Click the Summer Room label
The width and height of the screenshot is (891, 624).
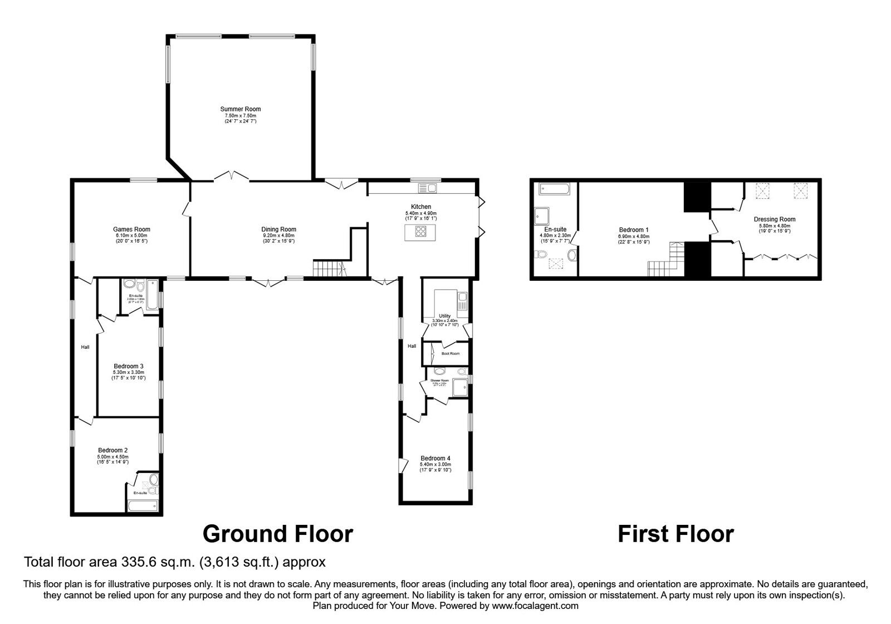click(240, 109)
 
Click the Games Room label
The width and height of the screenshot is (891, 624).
click(131, 229)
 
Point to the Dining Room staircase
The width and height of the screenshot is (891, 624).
click(329, 269)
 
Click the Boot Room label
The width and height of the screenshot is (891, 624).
click(451, 353)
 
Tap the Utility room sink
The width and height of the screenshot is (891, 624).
click(462, 301)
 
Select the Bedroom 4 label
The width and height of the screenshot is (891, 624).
click(435, 459)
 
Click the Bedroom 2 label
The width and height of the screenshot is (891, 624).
click(113, 450)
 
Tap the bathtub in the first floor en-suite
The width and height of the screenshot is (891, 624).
click(555, 189)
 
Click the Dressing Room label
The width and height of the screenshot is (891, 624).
click(775, 220)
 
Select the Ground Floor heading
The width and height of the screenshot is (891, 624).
click(277, 534)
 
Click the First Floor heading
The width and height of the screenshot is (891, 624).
click(675, 534)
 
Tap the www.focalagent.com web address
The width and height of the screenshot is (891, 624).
click(535, 606)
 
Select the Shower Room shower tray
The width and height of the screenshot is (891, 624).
click(460, 387)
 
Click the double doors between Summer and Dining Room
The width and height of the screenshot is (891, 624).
click(232, 177)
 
